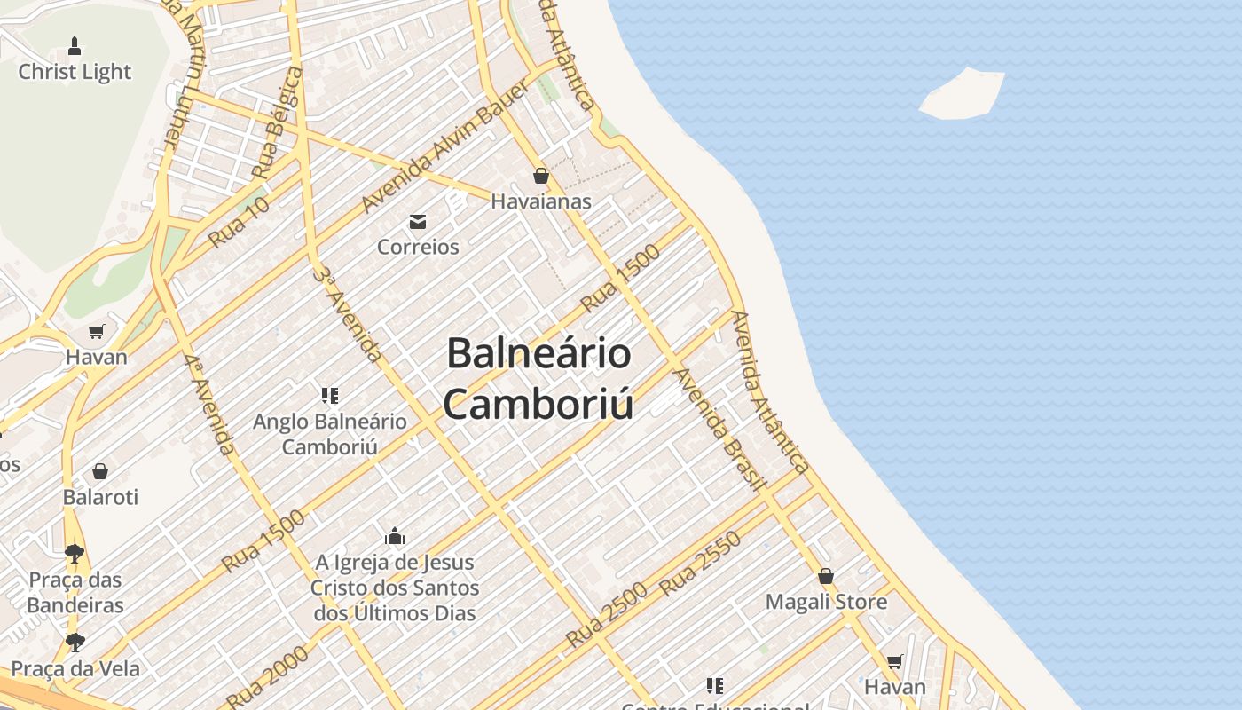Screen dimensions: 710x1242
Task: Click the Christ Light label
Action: pos(75,72)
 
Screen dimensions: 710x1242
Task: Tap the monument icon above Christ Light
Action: pos(75,45)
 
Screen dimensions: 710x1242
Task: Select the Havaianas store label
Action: pos(541,201)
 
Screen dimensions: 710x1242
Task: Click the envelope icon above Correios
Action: pos(417,221)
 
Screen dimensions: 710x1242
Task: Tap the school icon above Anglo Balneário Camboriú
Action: pos(330,395)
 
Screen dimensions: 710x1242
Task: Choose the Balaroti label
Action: pos(100,497)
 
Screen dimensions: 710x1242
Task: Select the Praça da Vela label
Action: pos(75,668)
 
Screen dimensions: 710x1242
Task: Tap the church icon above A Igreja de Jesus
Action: pos(395,536)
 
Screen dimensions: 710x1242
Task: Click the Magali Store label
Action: pos(826,602)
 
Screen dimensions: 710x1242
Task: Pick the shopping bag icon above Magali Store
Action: pos(826,576)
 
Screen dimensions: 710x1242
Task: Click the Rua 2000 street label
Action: pos(267,676)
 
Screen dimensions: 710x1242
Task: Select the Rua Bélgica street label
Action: pos(277,122)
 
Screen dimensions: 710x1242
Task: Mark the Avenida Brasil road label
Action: pos(720,430)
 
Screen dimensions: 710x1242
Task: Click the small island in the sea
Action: pos(963,93)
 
